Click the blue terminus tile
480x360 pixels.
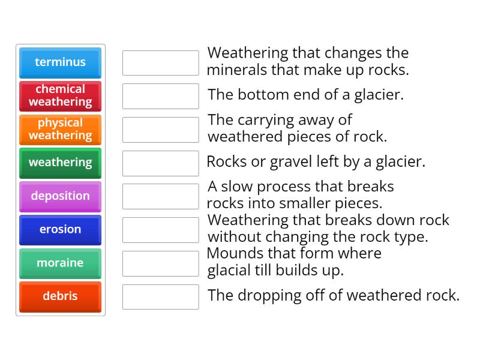click(60, 62)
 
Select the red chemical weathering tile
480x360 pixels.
click(60, 96)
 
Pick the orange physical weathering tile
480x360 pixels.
click(60, 130)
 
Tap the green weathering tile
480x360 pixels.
click(60, 163)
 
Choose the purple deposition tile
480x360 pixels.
click(60, 196)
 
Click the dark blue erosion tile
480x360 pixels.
click(60, 230)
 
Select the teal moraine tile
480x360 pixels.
click(60, 263)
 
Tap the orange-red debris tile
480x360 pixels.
click(60, 296)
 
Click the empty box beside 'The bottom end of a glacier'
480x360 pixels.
click(160, 96)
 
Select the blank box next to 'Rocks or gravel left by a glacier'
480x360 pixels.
click(160, 163)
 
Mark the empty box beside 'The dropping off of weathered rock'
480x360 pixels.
click(160, 297)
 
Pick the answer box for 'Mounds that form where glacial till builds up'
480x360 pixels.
click(160, 263)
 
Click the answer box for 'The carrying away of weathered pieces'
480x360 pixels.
click(160, 130)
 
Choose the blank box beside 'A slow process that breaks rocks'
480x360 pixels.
click(160, 196)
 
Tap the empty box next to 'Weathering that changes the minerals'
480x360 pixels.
click(160, 63)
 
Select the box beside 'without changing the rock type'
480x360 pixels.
click(160, 230)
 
